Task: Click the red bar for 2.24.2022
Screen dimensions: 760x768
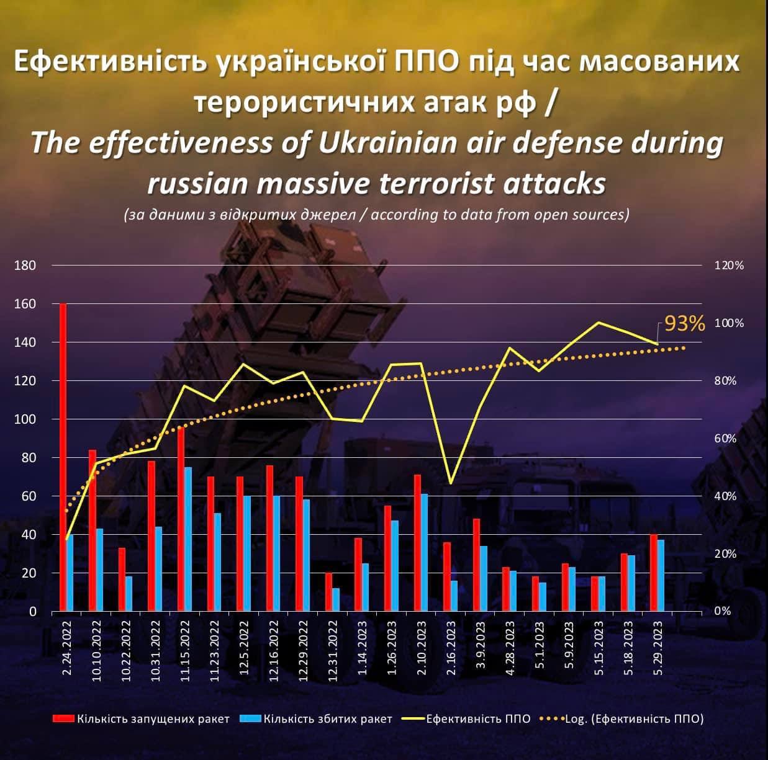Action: tap(63, 457)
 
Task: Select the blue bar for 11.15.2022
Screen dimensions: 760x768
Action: tap(188, 539)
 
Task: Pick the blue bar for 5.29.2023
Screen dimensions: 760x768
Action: tap(661, 575)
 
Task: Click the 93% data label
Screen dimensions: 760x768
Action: tap(685, 323)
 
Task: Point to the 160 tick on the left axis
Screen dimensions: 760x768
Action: tap(25, 304)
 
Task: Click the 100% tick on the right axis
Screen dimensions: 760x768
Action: tap(730, 323)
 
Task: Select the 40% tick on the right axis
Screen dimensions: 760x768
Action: tap(725, 496)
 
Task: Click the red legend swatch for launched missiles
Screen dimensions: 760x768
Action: tap(63, 718)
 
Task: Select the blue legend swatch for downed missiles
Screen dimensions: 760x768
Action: tap(250, 718)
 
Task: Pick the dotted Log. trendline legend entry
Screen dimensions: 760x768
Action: tap(633, 718)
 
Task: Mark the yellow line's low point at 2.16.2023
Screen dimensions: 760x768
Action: tap(450, 483)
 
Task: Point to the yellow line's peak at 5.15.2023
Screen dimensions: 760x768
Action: tap(598, 323)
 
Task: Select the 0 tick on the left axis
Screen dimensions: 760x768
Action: tap(32, 612)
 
